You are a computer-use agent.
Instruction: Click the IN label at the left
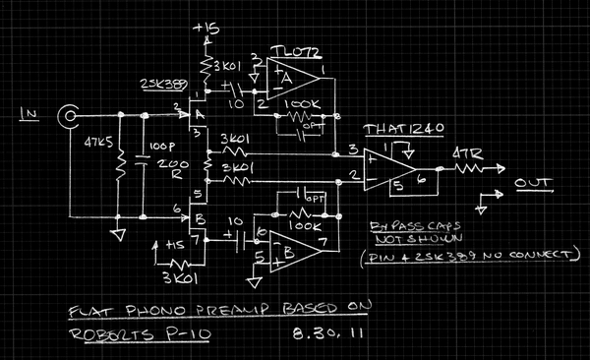tap(29, 116)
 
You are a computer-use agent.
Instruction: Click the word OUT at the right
tap(532, 183)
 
